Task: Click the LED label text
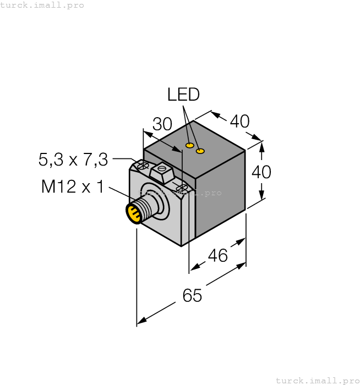tap(183, 95)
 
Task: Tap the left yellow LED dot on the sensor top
tap(189, 146)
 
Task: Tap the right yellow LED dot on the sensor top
tap(200, 151)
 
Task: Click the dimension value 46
tap(217, 255)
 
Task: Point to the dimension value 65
tap(192, 296)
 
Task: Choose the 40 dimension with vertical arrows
tap(261, 172)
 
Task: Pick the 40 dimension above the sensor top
tap(239, 121)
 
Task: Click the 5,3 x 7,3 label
tap(73, 159)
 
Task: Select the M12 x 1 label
tap(72, 187)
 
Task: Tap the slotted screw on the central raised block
tap(162, 171)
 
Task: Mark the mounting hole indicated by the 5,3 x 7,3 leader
tap(144, 165)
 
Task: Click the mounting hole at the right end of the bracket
tap(180, 189)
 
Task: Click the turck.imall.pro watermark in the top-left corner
tap(42, 5)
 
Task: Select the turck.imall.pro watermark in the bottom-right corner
tap(317, 380)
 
